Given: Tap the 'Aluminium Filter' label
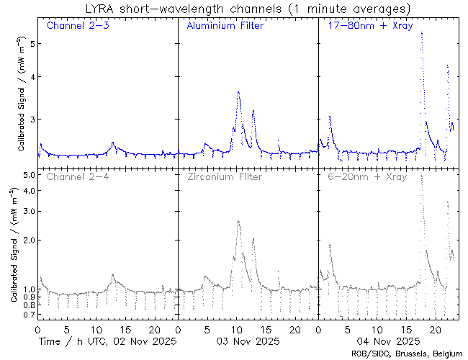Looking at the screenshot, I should pos(225,26).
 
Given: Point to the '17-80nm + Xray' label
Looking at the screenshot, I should pos(367,26).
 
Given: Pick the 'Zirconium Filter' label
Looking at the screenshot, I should pos(224,176).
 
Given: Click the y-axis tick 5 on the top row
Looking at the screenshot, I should pos(32,43).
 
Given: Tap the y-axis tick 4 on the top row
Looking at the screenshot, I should pos(32,77).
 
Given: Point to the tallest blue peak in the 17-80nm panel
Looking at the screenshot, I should pos(421,32).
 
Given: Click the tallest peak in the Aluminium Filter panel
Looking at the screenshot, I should pos(238,92).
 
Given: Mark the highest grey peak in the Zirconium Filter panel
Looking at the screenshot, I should pos(238,222).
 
